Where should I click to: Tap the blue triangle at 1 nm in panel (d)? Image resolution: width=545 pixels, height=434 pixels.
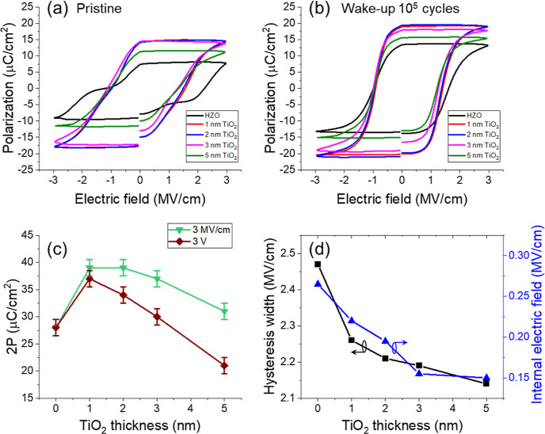351,320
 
